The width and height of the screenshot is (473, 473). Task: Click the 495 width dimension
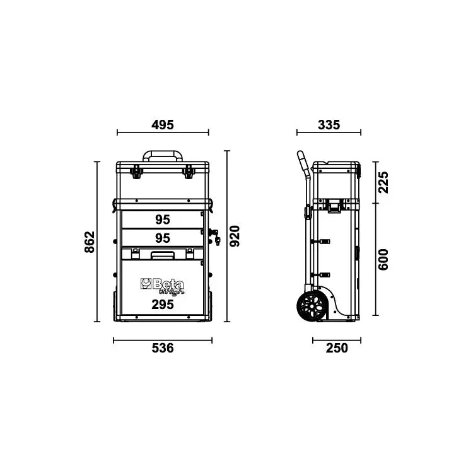pos(163,125)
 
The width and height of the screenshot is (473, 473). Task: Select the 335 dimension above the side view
pos(329,125)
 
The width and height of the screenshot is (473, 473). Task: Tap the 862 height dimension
pos(89,242)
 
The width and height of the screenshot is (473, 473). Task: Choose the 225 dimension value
pos(383,182)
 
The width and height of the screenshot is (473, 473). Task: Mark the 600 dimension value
pos(383,259)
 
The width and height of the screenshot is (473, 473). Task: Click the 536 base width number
pos(163,348)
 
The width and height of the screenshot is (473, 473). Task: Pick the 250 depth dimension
pos(337,348)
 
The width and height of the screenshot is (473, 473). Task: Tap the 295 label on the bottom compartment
pos(163,305)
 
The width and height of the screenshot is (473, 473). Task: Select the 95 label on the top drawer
pos(163,219)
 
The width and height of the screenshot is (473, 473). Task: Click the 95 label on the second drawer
pos(163,238)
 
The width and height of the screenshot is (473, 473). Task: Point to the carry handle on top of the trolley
pos(163,155)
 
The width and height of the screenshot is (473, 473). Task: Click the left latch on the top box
pos(135,170)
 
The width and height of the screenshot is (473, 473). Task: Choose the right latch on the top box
pos(188,170)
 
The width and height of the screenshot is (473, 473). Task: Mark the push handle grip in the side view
pos(300,161)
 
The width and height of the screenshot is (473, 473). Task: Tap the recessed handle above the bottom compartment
pos(163,254)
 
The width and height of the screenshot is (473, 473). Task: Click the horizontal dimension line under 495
pos(163,133)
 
